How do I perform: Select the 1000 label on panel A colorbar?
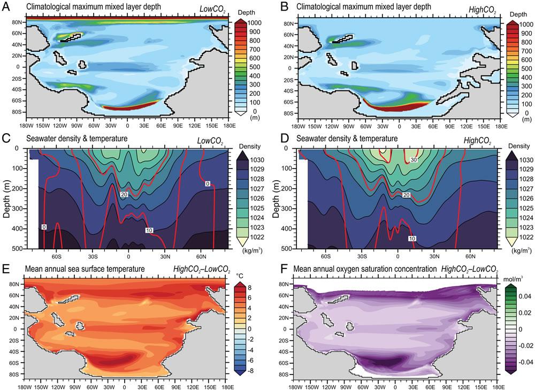click(x=256, y=24)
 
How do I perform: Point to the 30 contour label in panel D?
click(x=414, y=160)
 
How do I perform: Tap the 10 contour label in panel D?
click(x=412, y=237)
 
